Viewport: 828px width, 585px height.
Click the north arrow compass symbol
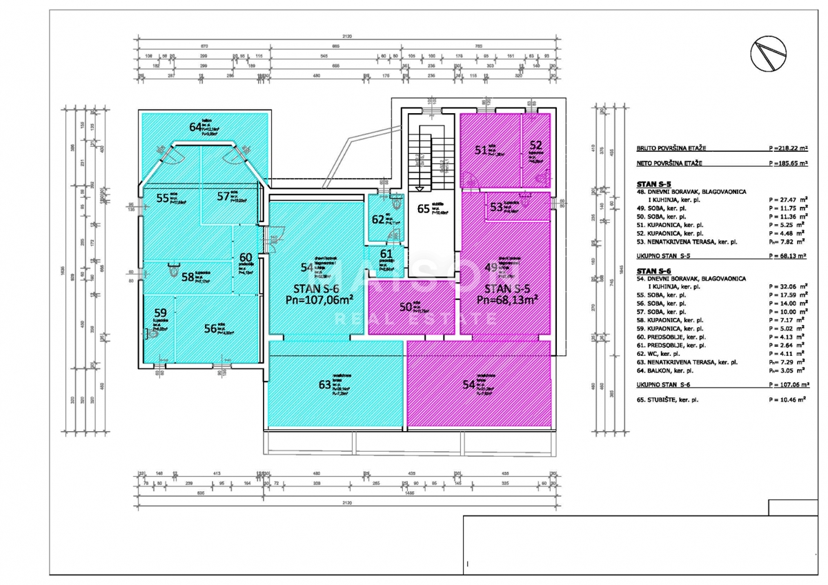tap(769, 54)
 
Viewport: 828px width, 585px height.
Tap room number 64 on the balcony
tap(195, 126)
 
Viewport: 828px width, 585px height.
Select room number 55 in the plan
tap(163, 198)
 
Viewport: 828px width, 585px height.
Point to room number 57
tap(223, 197)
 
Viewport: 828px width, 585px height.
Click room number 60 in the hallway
tap(245, 257)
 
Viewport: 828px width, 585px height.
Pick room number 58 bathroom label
tap(188, 277)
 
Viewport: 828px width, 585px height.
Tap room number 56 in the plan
tap(210, 329)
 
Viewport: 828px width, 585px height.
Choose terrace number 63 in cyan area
tap(324, 385)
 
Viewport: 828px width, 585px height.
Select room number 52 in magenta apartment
tap(535, 146)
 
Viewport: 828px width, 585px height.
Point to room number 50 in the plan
tap(406, 307)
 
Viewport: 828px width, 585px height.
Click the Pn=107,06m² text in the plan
tap(319, 299)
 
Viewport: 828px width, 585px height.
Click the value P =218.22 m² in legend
tap(787, 148)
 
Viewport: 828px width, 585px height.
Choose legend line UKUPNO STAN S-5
tap(668, 255)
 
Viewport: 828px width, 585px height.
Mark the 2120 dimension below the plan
tap(346, 503)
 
